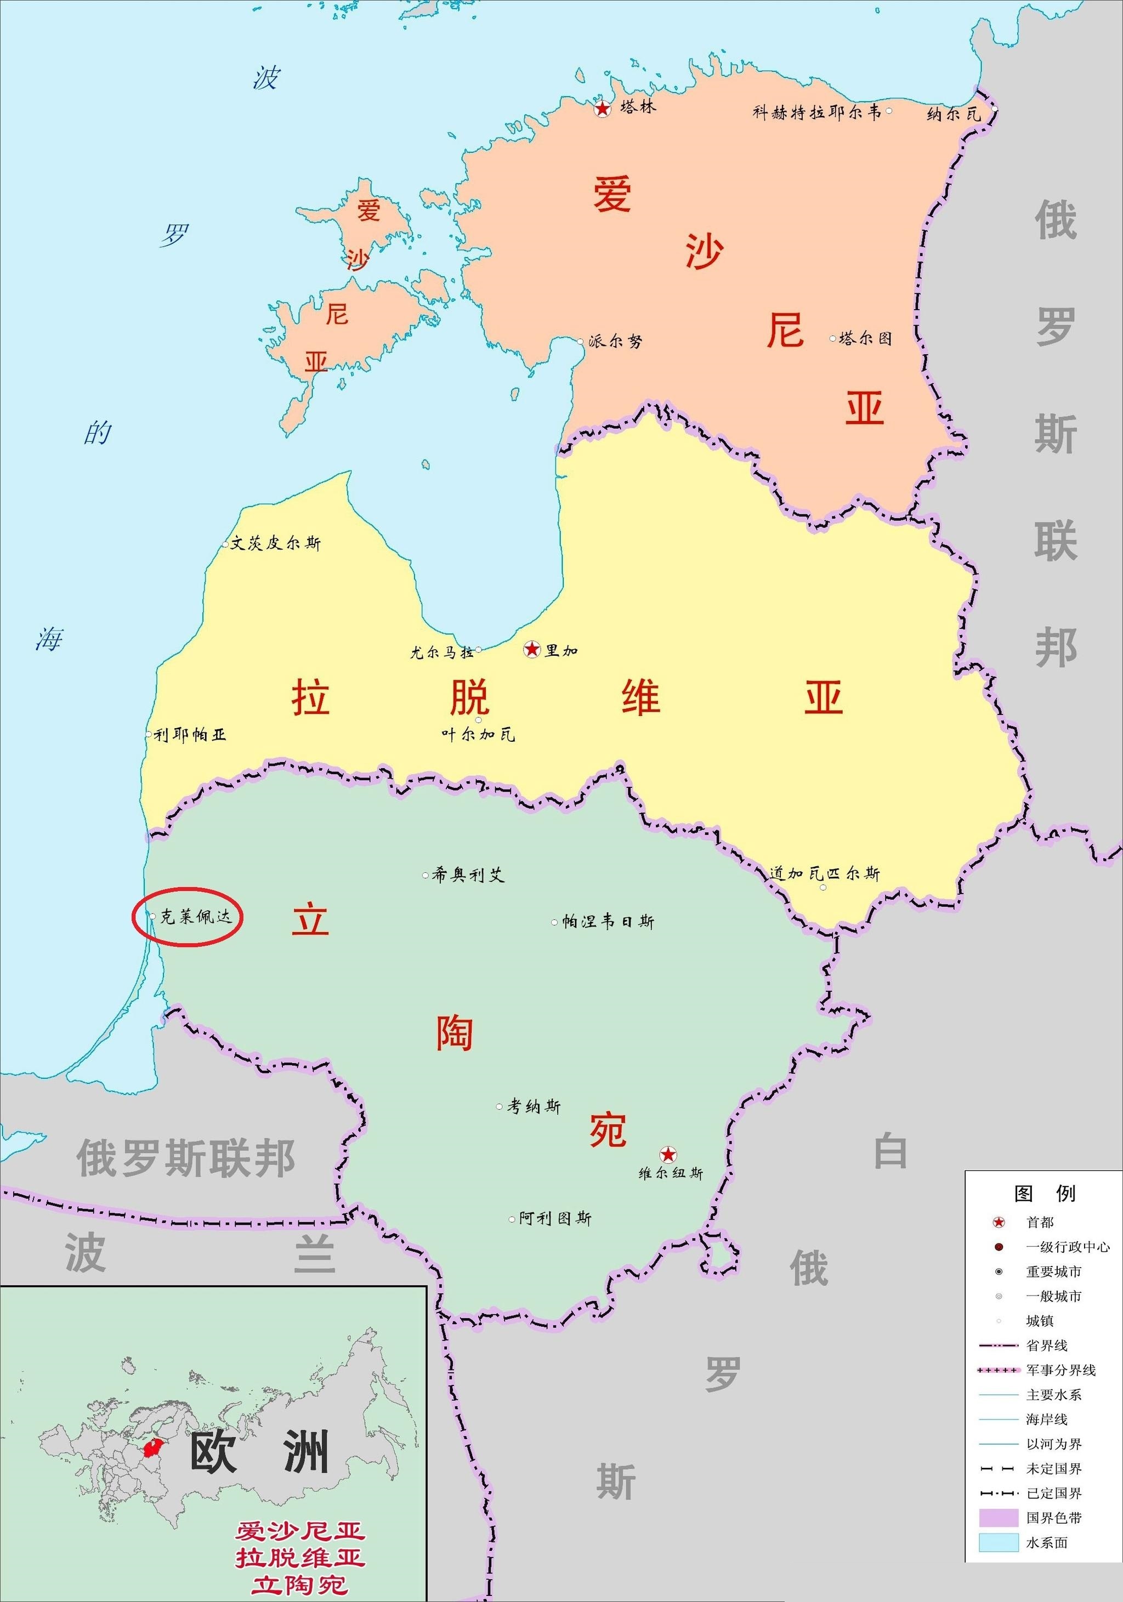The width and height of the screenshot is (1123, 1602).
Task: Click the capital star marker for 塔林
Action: (602, 108)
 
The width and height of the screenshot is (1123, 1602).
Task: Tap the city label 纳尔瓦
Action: (954, 113)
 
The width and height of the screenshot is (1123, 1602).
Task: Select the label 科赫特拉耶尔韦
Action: (816, 112)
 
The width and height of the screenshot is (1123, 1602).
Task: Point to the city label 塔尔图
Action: (865, 338)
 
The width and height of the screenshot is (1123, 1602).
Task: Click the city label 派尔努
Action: (615, 341)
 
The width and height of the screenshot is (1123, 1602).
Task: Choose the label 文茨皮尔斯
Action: (276, 543)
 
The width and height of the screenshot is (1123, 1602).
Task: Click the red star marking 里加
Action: (532, 650)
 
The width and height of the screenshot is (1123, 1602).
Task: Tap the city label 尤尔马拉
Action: (442, 652)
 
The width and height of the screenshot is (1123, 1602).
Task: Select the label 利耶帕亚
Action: (190, 735)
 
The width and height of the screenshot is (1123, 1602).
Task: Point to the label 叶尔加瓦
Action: (478, 734)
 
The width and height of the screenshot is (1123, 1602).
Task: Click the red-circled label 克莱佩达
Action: (195, 916)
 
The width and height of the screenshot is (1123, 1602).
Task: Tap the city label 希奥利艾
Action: (468, 874)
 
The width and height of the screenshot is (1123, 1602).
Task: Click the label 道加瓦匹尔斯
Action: (824, 873)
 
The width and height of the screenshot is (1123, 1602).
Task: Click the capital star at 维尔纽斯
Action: (668, 1154)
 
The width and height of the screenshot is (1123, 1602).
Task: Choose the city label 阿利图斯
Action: (555, 1218)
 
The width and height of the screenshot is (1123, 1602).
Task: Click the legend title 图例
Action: (1044, 1193)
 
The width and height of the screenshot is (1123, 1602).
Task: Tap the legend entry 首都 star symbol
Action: (999, 1222)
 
